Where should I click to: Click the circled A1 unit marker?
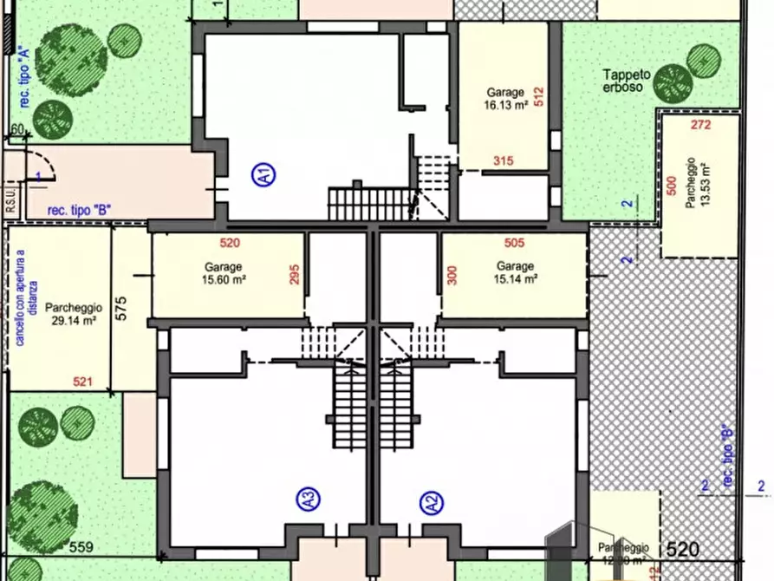pyautogui.click(x=264, y=176)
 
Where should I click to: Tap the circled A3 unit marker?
pyautogui.click(x=308, y=499)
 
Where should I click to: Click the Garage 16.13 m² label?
pyautogui.click(x=506, y=99)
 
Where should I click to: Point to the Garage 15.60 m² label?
pyautogui.click(x=224, y=272)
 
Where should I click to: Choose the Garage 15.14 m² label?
pyautogui.click(x=517, y=272)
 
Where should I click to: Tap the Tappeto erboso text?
pyautogui.click(x=622, y=82)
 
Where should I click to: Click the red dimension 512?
pyautogui.click(x=539, y=95)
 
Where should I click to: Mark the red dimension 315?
pyautogui.click(x=503, y=160)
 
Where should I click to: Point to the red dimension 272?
pyautogui.click(x=701, y=125)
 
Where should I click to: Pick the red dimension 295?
pyautogui.click(x=295, y=275)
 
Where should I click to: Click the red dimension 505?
pyautogui.click(x=515, y=244)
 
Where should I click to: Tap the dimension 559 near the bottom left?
pyautogui.click(x=81, y=546)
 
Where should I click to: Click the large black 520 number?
pyautogui.click(x=683, y=549)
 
